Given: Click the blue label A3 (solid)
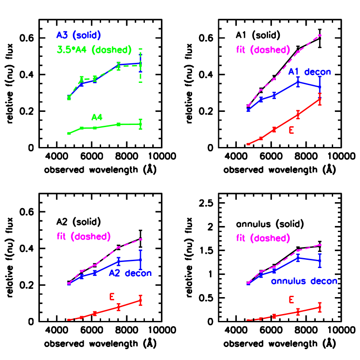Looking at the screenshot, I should pyautogui.click(x=79, y=36).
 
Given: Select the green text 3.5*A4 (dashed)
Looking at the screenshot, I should pyautogui.click(x=94, y=50).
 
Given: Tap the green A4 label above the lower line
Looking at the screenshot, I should pyautogui.click(x=96, y=117).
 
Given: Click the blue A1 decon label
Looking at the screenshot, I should pyautogui.click(x=310, y=72).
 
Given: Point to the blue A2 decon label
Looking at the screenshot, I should pyautogui.click(x=130, y=273).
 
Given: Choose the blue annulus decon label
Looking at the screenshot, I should pyautogui.click(x=304, y=281).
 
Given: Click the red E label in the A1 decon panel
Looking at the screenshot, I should pyautogui.click(x=291, y=130).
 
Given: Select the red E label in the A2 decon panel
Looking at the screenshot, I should pyautogui.click(x=112, y=297).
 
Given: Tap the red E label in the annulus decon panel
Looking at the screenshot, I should pyautogui.click(x=291, y=300).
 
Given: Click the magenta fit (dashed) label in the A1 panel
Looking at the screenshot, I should pyautogui.click(x=263, y=50).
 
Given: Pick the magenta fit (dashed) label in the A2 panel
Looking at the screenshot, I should pyautogui.click(x=84, y=237).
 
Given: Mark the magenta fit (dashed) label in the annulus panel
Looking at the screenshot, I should pyautogui.click(x=263, y=239).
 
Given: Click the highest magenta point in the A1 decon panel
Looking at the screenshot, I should pyautogui.click(x=320, y=35).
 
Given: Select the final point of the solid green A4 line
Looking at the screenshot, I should pyautogui.click(x=141, y=124).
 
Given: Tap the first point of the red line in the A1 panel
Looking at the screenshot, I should pyautogui.click(x=248, y=144).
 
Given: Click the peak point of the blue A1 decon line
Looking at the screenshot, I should pyautogui.click(x=298, y=82).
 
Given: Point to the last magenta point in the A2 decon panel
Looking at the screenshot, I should pyautogui.click(x=141, y=239).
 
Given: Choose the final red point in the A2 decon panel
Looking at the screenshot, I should pyautogui.click(x=141, y=301).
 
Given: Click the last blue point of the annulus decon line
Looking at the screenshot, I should pyautogui.click(x=320, y=261).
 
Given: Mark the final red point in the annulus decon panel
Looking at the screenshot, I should pyautogui.click(x=320, y=307).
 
